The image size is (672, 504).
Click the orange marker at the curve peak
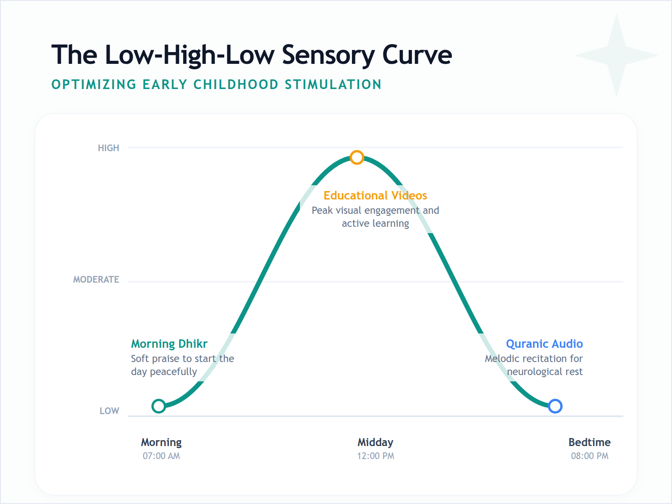(x=357, y=157)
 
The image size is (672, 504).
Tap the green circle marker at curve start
(x=159, y=406)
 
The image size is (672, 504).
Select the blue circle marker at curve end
(x=555, y=406)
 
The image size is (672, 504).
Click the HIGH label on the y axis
(x=108, y=148)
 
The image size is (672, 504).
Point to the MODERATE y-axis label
(x=96, y=280)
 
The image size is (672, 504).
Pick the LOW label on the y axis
(x=109, y=411)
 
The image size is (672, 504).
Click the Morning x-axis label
(x=161, y=442)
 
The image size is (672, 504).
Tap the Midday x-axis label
(x=375, y=442)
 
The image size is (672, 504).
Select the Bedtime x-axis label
(x=589, y=442)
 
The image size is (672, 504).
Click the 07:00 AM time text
(x=161, y=456)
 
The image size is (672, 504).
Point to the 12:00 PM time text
(x=375, y=456)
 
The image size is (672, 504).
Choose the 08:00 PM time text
(x=589, y=456)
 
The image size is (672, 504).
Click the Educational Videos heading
(x=375, y=196)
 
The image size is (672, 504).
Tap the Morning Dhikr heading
(x=169, y=344)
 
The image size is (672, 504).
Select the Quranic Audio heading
(x=544, y=344)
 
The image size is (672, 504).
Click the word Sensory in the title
(x=328, y=55)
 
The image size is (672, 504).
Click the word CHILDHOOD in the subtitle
(x=236, y=84)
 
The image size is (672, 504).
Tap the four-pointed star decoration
(x=616, y=55)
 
